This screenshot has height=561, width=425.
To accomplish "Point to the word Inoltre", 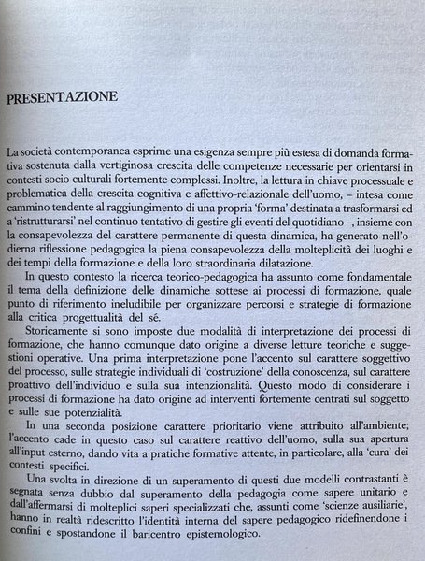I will pyautogui.click(x=255, y=180).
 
